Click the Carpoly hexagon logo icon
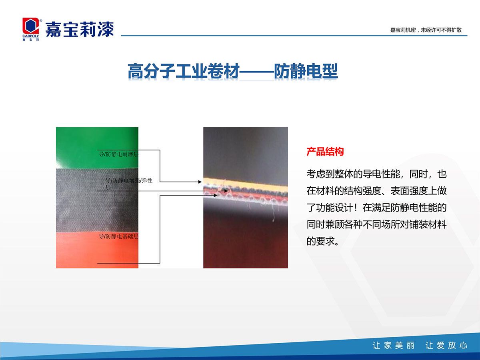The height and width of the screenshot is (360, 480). click(x=31, y=26)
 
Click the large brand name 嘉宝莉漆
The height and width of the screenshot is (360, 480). click(x=80, y=29)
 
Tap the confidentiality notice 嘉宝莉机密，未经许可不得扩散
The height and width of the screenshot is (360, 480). click(x=426, y=30)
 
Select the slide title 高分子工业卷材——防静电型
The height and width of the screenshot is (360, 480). click(x=233, y=71)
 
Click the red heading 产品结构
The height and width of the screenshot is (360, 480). click(x=325, y=152)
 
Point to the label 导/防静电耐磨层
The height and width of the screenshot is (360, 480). click(x=119, y=154)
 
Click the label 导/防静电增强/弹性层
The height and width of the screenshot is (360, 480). click(x=129, y=184)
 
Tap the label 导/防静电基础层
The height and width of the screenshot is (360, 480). click(x=119, y=236)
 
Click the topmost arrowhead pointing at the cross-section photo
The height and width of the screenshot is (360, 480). click(x=200, y=182)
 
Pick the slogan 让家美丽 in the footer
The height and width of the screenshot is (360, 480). click(x=394, y=345)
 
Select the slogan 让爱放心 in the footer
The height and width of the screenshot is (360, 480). click(x=446, y=345)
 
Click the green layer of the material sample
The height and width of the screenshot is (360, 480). click(x=97, y=148)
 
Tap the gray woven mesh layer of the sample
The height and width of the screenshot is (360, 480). click(x=97, y=200)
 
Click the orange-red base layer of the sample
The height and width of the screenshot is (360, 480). click(x=97, y=250)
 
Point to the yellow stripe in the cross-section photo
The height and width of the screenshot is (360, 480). click(x=245, y=184)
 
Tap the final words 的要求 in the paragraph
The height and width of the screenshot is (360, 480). click(x=320, y=241)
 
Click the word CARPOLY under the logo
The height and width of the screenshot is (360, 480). click(x=31, y=36)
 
